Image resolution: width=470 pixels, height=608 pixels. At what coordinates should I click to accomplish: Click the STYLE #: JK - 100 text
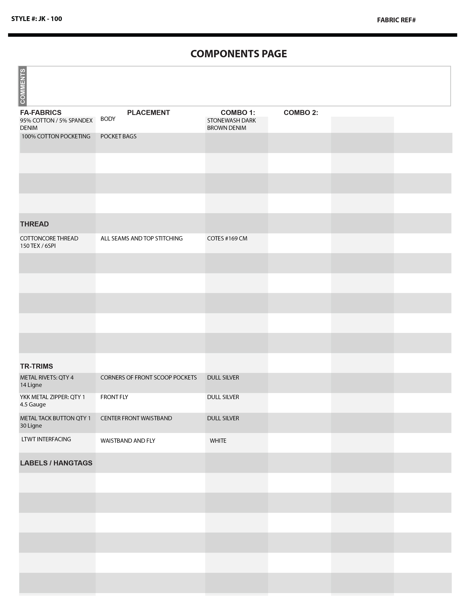pos(36,19)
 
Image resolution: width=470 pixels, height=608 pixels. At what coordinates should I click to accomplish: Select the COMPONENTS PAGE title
pos(239,54)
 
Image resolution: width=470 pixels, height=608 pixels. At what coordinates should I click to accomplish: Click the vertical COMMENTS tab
pos(22,86)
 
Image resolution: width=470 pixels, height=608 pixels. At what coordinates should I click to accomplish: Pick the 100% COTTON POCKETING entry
pos(56,136)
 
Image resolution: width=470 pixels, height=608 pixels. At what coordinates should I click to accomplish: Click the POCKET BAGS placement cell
pos(118,136)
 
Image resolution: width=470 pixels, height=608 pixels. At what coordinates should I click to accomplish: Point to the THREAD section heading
pos(34,224)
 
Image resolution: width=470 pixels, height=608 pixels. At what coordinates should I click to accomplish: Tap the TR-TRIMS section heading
pos(36,366)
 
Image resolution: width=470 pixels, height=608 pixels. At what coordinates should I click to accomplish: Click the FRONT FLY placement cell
pos(114,397)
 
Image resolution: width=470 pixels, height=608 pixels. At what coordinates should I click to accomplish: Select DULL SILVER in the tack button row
pos(223,418)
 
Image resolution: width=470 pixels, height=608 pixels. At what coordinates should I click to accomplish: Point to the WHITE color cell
pos(218,441)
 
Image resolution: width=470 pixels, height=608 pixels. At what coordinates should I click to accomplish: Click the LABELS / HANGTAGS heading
pos(56,463)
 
